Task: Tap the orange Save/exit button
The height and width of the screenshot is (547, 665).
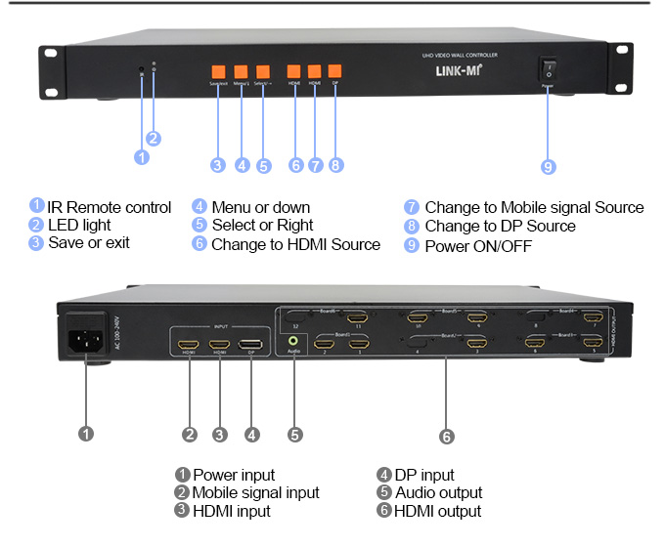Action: (218, 71)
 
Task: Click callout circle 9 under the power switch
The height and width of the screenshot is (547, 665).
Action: (548, 167)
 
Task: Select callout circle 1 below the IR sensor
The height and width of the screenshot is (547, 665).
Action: (142, 156)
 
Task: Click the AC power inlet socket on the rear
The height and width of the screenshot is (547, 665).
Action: (84, 342)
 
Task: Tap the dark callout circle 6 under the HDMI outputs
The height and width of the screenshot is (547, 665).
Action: (447, 435)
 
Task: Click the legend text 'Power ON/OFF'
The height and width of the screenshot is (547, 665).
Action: (478, 246)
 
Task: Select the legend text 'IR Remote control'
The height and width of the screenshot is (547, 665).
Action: (110, 207)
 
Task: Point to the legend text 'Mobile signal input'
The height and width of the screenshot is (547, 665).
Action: (255, 493)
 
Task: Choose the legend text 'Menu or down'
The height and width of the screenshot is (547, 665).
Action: (261, 207)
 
